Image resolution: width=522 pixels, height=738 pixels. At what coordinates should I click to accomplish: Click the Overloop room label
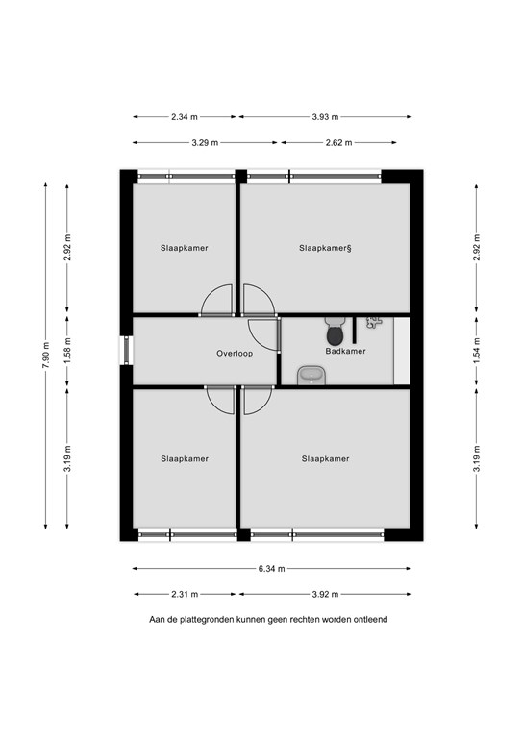[x=234, y=354]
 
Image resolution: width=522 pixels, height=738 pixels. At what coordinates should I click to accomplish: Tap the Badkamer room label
[x=344, y=352]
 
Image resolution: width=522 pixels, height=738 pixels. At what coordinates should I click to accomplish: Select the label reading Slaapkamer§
[x=326, y=248]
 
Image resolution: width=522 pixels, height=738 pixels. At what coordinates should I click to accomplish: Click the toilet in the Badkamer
[x=335, y=332]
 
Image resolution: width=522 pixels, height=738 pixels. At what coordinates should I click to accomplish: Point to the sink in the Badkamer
[x=311, y=374]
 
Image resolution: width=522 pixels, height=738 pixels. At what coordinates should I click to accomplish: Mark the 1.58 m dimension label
[x=66, y=352]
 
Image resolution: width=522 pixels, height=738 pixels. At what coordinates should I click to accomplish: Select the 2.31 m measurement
[x=184, y=594]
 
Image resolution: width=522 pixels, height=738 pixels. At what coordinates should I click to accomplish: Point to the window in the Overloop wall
[x=125, y=350]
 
